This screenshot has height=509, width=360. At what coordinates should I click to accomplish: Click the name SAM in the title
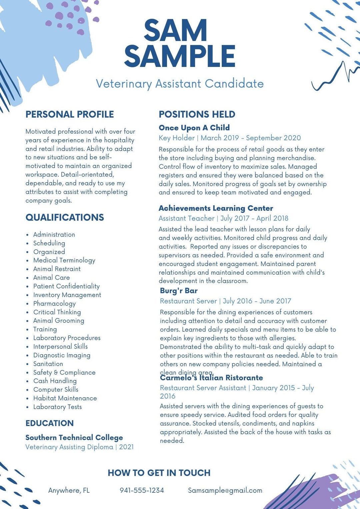[x=175, y=31]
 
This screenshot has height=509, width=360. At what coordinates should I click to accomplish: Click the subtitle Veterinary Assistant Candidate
[x=180, y=84]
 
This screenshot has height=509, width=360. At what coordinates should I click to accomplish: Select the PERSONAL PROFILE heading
[x=70, y=114]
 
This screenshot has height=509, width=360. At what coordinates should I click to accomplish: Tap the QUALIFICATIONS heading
[x=65, y=217]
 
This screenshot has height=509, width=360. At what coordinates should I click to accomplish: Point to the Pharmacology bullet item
[x=54, y=303]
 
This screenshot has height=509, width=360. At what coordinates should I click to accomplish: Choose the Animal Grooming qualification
[x=59, y=320]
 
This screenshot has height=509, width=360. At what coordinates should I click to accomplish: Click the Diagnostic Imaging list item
[x=62, y=355]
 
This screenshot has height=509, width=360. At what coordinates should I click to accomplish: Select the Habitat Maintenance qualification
[x=65, y=398]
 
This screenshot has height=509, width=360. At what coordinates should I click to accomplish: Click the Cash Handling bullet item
[x=55, y=381]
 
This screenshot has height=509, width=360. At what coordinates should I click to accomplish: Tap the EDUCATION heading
[x=50, y=423]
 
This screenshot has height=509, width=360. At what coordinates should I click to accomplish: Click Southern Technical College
[x=74, y=437]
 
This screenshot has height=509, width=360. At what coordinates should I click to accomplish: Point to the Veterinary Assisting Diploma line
[x=79, y=447]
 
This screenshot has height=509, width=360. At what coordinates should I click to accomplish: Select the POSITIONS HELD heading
[x=197, y=114]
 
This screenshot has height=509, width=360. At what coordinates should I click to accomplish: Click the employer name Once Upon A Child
[x=194, y=128]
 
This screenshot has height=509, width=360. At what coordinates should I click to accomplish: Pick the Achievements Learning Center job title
[x=216, y=208]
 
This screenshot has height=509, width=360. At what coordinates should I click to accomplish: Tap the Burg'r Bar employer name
[x=179, y=290]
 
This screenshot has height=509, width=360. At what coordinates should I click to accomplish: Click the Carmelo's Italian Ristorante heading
[x=211, y=378]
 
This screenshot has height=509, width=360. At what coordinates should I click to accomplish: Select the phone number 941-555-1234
[x=142, y=490]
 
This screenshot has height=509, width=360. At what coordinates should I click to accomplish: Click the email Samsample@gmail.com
[x=225, y=490]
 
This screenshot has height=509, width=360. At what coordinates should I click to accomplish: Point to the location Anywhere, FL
[x=69, y=490]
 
